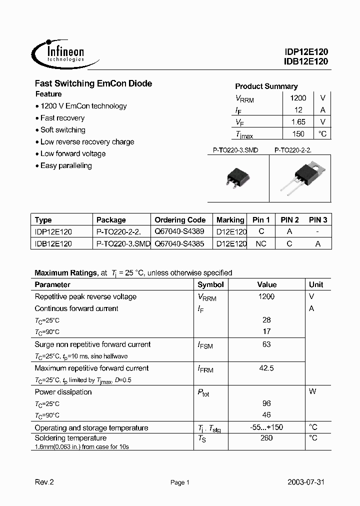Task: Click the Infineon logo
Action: [59, 53]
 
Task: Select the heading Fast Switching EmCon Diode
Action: [93, 83]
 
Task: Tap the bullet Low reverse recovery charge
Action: [87, 142]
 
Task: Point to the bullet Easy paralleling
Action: [66, 165]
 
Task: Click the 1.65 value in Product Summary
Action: [298, 122]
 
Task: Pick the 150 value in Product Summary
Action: [298, 134]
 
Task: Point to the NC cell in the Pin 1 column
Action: [261, 244]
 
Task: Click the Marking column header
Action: [230, 220]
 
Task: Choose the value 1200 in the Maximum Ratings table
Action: [266, 296]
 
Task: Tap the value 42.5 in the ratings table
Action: [266, 368]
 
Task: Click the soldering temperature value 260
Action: [266, 438]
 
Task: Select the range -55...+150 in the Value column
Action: [266, 427]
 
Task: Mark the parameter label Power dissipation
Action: [63, 392]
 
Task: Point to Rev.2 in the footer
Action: [44, 482]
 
